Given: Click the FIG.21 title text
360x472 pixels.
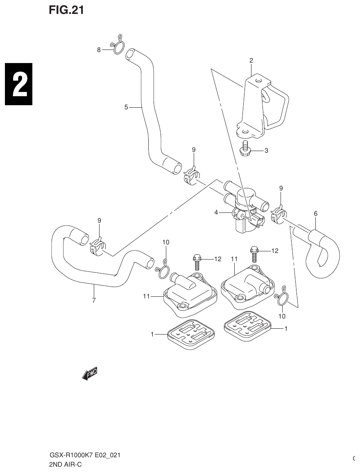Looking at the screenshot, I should point(66,11).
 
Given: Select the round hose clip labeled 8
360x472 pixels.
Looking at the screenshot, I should point(118,47).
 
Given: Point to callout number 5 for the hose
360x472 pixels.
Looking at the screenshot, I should point(127,107).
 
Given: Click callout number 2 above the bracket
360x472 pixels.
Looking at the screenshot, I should point(251,61).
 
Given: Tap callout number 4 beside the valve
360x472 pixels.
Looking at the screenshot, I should point(216,212).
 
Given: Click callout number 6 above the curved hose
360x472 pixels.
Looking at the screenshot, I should point(315,213).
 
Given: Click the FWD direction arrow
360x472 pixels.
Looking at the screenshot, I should point(90,373).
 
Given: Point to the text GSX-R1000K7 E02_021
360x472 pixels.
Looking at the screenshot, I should point(85,455).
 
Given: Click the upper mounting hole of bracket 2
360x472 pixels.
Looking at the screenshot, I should point(257,81).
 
